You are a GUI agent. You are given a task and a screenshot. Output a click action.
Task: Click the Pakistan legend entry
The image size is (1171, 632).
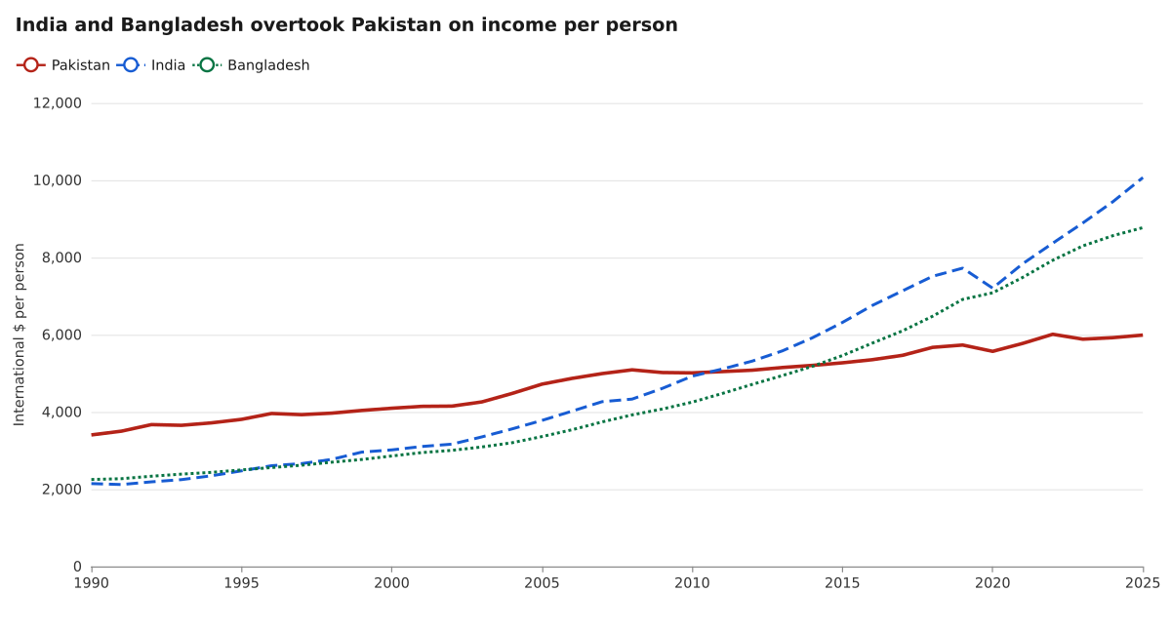pos(63,65)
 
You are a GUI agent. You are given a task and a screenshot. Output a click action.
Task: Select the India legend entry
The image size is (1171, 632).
pos(150,65)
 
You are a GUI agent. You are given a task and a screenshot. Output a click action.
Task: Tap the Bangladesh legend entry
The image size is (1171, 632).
pos(251,65)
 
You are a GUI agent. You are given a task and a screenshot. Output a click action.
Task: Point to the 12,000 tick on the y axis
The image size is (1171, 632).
pos(58,103)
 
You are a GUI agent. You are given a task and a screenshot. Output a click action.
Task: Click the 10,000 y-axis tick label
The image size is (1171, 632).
pos(58,180)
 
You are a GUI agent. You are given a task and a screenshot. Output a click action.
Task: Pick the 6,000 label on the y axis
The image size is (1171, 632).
pos(61,335)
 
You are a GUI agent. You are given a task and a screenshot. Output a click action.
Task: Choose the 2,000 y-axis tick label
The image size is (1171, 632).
pos(61,490)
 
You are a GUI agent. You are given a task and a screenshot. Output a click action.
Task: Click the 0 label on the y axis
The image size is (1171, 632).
pos(77,567)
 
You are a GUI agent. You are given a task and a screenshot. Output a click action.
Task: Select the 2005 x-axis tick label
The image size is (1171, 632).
pos(543,583)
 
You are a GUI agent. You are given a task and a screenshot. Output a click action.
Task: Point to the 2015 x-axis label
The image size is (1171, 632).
pos(842,583)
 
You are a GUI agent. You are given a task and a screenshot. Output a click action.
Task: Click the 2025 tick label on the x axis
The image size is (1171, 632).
pos(1143,583)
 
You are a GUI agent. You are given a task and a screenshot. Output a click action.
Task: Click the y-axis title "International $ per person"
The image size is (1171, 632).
pos(20,335)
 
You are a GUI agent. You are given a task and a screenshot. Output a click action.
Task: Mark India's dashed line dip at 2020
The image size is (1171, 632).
pos(992,289)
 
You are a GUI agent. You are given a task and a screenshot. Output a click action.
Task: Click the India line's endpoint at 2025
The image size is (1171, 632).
pos(1143,178)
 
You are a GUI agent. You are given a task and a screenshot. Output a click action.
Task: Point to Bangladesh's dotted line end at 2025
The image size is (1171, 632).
pos(1143,228)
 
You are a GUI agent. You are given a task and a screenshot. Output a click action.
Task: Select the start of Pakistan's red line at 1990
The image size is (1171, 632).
pos(92,435)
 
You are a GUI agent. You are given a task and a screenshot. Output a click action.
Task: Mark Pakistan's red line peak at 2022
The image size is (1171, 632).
pos(1052,335)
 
